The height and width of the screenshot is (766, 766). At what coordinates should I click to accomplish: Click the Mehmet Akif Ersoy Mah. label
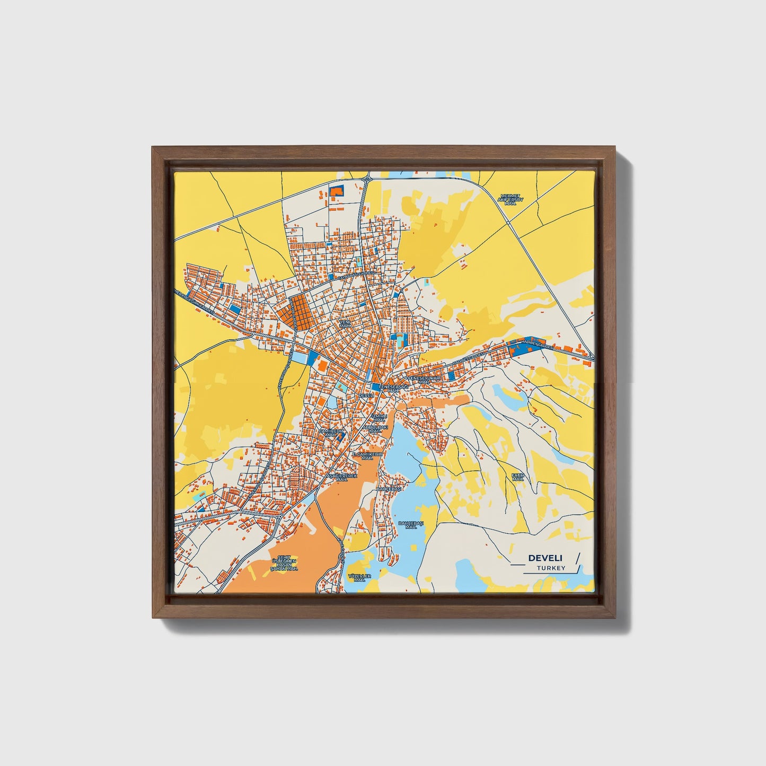pyautogui.click(x=510, y=199)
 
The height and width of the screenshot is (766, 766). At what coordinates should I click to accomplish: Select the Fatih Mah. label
pyautogui.click(x=517, y=477)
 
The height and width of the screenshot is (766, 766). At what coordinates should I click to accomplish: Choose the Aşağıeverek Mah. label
pyautogui.click(x=342, y=478)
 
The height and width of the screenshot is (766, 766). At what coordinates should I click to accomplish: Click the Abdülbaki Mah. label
pyautogui.click(x=375, y=429)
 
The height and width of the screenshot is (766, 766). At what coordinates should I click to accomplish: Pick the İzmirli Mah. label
pyautogui.click(x=380, y=418)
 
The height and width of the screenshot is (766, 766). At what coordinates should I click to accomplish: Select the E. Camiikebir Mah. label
pyautogui.click(x=367, y=456)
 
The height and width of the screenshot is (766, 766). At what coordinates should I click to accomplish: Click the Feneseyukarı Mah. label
pyautogui.click(x=424, y=380)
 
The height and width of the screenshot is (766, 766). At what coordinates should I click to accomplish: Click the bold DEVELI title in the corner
pyautogui.click(x=545, y=558)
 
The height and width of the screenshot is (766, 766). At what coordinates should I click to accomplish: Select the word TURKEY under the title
pyautogui.click(x=551, y=568)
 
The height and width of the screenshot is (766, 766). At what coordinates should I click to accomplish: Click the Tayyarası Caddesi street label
pyautogui.click(x=356, y=275)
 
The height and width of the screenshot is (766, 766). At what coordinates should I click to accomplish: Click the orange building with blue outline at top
pyautogui.click(x=336, y=191)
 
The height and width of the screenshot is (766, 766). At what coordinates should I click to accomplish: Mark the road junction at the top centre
pyautogui.click(x=366, y=181)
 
